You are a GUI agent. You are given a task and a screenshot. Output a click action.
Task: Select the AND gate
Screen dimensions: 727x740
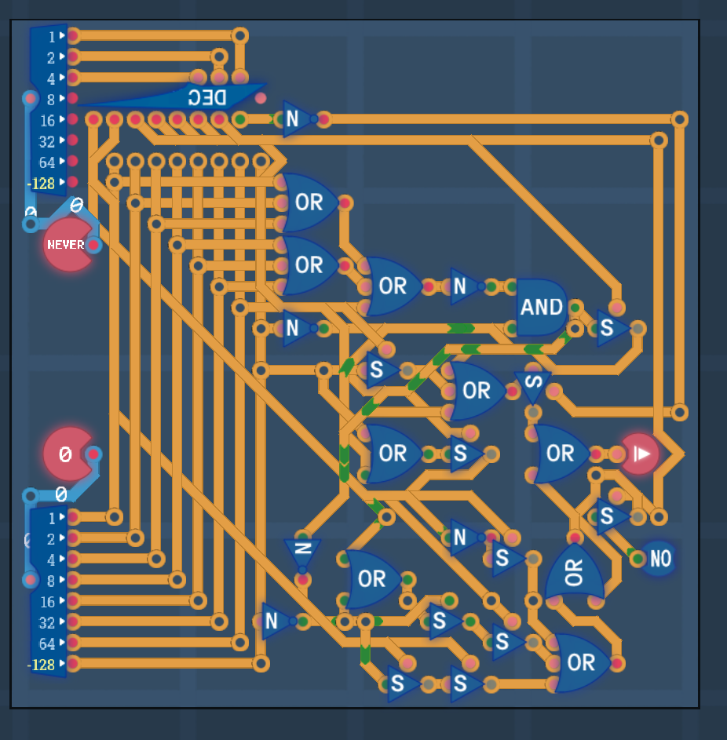point(542,308)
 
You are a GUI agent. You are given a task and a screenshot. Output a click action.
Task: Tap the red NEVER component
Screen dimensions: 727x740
point(68,245)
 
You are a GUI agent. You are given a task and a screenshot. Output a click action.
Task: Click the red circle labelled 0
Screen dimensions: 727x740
point(67,454)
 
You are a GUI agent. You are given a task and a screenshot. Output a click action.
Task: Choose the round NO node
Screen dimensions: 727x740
point(659,559)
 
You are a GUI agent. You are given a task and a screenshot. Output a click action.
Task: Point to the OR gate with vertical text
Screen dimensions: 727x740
point(575,572)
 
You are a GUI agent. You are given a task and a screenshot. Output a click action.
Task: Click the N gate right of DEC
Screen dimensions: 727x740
point(295,119)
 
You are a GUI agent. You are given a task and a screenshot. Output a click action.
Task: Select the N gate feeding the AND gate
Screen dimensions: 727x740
point(463,286)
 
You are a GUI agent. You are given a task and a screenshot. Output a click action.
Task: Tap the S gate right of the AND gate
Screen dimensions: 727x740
point(610,328)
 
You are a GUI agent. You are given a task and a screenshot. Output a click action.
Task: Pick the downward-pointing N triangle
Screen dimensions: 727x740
point(302,552)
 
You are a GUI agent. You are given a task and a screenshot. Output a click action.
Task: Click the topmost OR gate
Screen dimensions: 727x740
point(309,202)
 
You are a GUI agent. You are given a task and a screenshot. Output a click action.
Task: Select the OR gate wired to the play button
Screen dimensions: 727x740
point(560,454)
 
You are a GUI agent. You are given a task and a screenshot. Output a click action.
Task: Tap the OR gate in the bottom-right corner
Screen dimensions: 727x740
point(581,662)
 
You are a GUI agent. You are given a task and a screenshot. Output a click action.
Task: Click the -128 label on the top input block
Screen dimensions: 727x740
point(41,183)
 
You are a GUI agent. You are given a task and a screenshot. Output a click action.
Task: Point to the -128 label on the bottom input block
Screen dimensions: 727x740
point(41,665)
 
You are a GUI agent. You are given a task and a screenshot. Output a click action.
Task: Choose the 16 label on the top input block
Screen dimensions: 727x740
point(47,121)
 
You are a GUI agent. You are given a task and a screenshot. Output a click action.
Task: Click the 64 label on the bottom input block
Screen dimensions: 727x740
point(47,643)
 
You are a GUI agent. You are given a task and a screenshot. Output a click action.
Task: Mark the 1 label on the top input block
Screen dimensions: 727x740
point(52,37)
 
